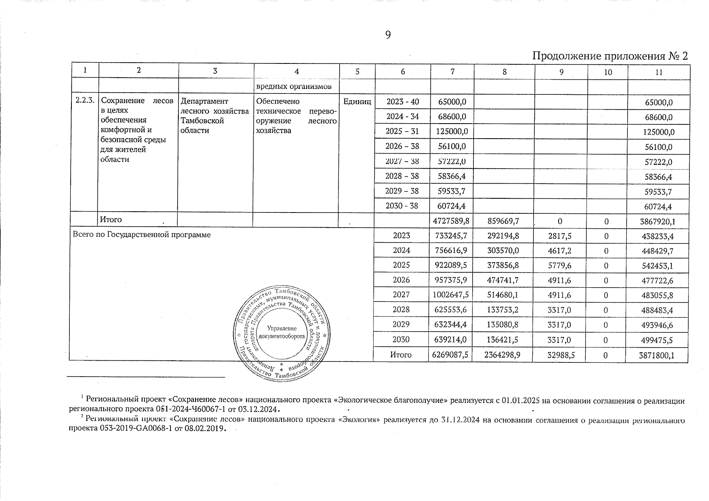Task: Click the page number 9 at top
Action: [x=388, y=35]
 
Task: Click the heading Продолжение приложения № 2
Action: [x=610, y=56]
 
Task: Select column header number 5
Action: [x=357, y=71]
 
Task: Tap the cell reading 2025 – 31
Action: [x=402, y=132]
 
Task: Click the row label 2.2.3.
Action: [x=84, y=101]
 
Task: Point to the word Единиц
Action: [x=357, y=101]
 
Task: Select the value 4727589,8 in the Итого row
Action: [x=451, y=221]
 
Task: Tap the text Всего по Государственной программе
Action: [x=142, y=235]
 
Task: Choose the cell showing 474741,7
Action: [x=503, y=280]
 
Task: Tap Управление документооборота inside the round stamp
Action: [x=282, y=332]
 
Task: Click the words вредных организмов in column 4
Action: [x=294, y=86]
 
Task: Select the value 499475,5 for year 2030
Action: [x=657, y=340]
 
